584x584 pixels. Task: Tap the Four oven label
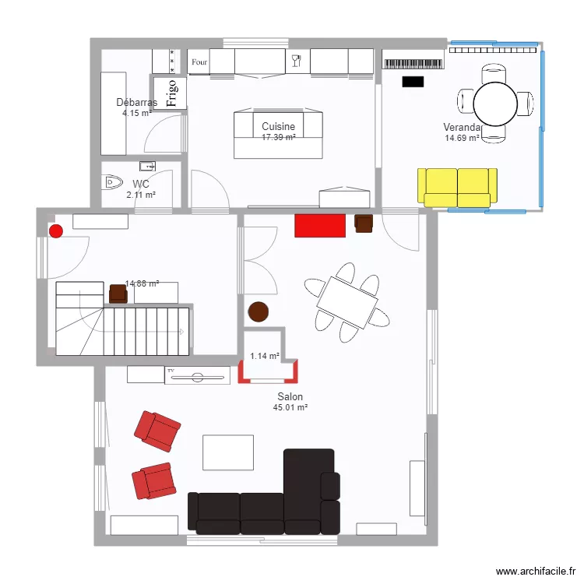(199, 62)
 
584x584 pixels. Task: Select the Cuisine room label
(278, 126)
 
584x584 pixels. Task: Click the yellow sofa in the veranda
(457, 187)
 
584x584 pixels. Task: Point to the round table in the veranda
(495, 103)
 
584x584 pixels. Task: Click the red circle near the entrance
(55, 230)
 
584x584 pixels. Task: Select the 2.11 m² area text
(141, 195)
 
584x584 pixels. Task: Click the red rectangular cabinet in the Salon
(319, 225)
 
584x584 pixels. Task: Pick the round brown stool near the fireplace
(257, 312)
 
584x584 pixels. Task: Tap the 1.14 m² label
(264, 357)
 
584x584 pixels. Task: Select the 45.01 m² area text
(290, 407)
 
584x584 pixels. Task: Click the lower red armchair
(153, 480)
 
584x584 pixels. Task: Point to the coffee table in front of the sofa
(228, 452)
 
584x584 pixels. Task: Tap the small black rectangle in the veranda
(412, 81)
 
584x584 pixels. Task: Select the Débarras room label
(136, 102)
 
